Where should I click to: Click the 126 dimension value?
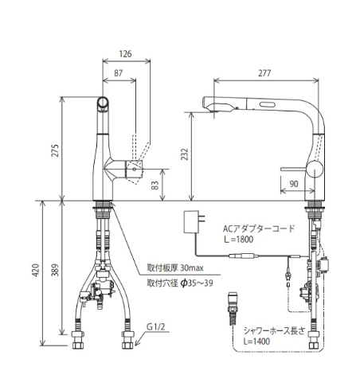[125, 54]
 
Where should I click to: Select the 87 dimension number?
[119, 73]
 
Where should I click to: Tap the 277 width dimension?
[264, 73]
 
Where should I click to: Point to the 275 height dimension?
[55, 150]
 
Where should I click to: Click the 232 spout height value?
[184, 154]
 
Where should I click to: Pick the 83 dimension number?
[155, 185]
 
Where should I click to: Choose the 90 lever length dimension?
[293, 184]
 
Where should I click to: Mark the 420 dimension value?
[35, 270]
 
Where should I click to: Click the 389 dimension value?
[55, 270]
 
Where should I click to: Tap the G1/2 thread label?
[156, 326]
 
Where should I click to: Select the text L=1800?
[238, 240]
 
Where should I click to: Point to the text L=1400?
[256, 341]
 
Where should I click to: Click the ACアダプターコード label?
[259, 228]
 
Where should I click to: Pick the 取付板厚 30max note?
[175, 267]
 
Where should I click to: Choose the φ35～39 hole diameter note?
[197, 283]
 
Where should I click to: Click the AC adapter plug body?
[191, 222]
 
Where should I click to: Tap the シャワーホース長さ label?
[274, 330]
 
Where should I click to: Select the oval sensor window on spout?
[268, 104]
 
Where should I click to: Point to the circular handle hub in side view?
[315, 169]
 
